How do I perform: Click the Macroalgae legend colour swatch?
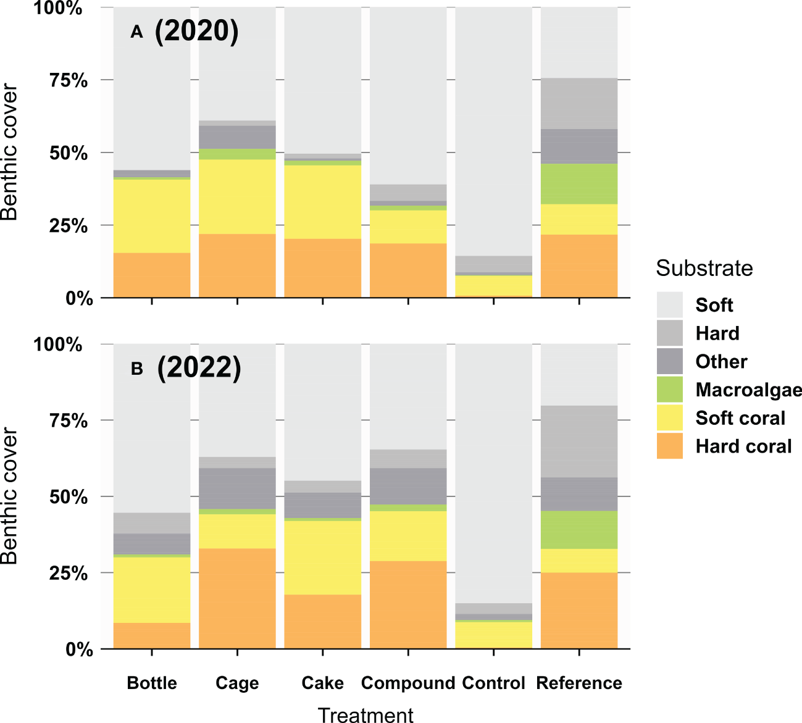(x=670, y=390)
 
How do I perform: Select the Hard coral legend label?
(x=743, y=446)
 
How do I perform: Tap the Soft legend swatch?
(x=670, y=304)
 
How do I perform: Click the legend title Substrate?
(x=704, y=269)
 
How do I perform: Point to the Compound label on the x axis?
(x=407, y=683)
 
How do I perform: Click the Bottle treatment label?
(x=152, y=683)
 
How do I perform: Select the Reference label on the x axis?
(x=579, y=683)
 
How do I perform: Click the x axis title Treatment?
(x=365, y=715)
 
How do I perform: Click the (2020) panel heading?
(x=196, y=31)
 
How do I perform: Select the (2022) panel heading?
(x=199, y=368)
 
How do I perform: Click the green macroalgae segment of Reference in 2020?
(x=579, y=184)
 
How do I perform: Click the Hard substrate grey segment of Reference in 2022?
(x=579, y=441)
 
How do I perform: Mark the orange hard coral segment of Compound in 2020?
(x=408, y=270)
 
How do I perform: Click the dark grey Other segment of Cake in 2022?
(x=322, y=505)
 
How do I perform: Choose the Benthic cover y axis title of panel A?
(x=9, y=153)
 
